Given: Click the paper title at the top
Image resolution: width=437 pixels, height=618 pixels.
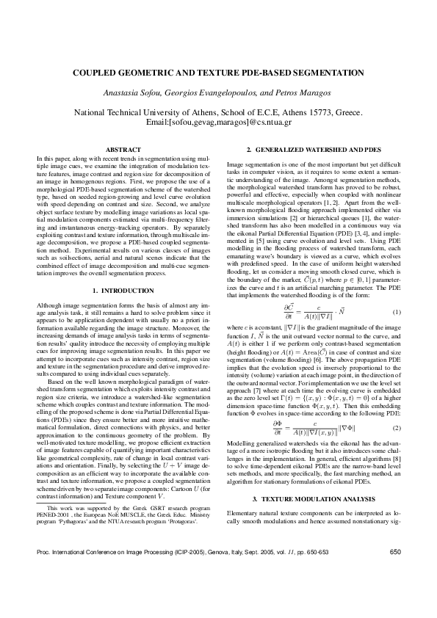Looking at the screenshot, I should point(218,74).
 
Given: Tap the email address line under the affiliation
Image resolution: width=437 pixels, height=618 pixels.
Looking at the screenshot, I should point(218,121).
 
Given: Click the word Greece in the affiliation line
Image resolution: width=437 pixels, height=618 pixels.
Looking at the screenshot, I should point(347,112).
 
